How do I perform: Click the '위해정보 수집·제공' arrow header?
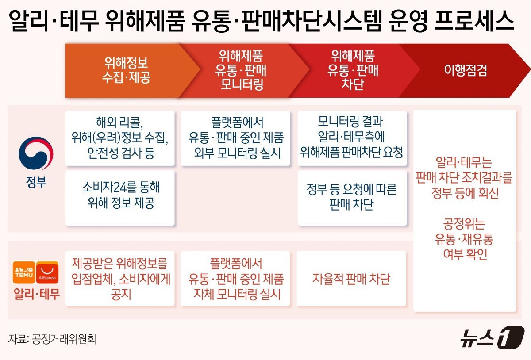click(126, 70)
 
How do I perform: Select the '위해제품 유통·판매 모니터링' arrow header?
click(241, 70)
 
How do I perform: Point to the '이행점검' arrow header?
click(465, 70)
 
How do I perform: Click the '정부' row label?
click(36, 182)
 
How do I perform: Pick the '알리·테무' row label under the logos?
click(37, 294)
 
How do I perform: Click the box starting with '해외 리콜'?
click(120, 138)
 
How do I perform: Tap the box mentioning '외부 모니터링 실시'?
click(235, 138)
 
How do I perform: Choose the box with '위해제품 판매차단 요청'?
click(352, 138)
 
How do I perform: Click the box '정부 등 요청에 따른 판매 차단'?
click(352, 197)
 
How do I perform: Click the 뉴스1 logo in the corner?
click(492, 339)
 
